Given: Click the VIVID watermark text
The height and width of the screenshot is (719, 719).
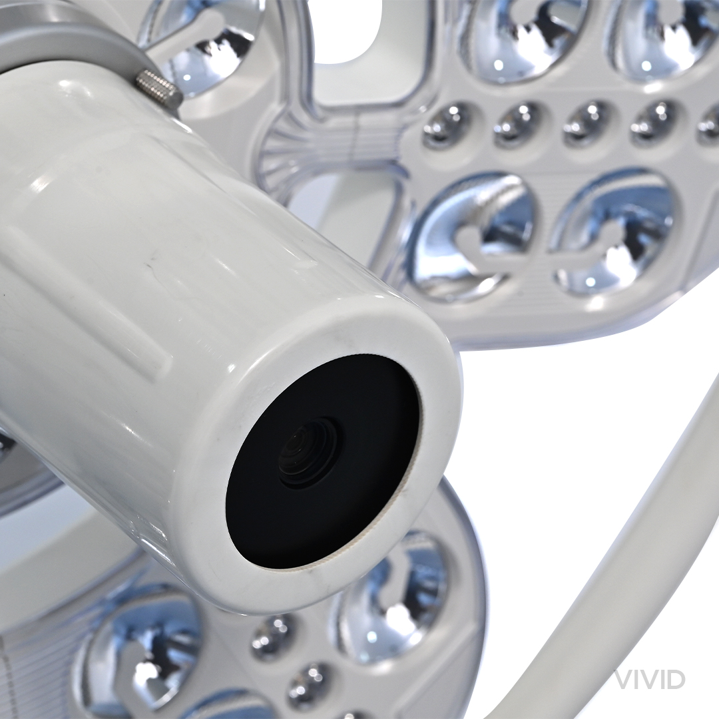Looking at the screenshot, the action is pos(649,679).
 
